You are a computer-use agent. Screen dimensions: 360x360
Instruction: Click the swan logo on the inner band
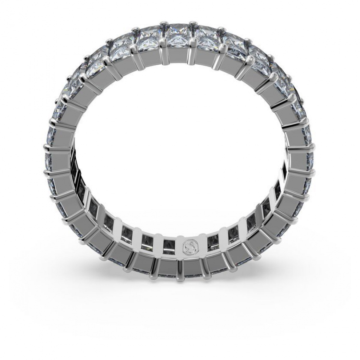click(x=189, y=247)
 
